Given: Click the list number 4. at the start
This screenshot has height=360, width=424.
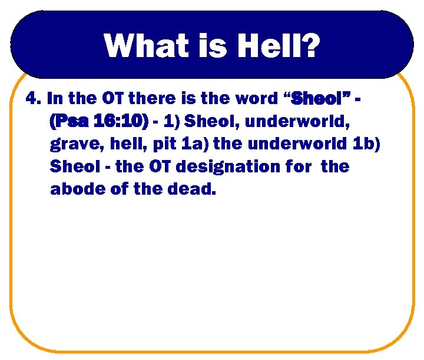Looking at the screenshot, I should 34,98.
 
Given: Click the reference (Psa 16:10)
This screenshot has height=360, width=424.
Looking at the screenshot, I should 98,121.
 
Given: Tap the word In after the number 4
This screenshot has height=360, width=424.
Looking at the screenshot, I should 54,98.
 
